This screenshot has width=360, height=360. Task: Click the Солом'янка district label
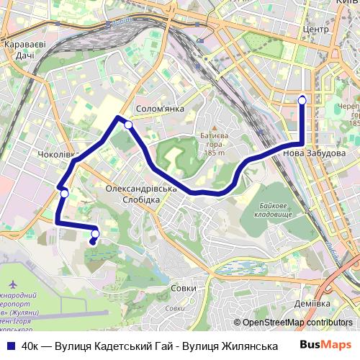[160, 109]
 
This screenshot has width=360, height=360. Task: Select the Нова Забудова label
[315, 153]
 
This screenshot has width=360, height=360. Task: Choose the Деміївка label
[312, 304]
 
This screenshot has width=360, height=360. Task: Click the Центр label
[316, 30]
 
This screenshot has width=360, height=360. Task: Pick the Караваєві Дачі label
[25, 49]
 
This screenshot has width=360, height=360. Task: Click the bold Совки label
[184, 288]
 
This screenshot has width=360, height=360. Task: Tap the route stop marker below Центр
[302, 99]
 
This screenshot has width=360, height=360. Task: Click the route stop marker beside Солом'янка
[128, 125]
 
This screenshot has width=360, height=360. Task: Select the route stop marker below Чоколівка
[65, 193]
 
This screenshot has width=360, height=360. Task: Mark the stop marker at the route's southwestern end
[95, 233]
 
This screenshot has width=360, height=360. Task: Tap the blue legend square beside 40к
[10, 346]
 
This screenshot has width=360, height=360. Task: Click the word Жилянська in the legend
[232, 346]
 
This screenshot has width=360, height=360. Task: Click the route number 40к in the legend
[30, 346]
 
